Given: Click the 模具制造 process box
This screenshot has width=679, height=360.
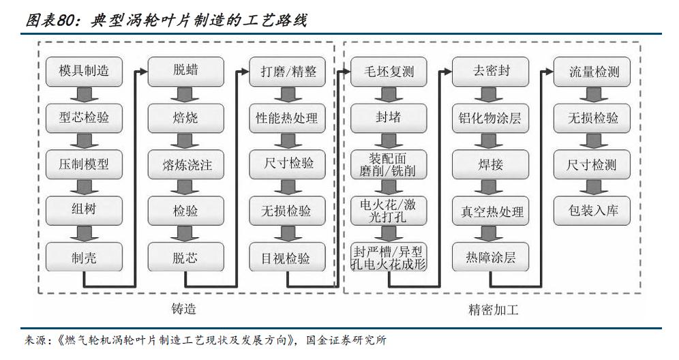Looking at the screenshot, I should coord(84,71).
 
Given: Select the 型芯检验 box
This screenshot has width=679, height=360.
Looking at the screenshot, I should coord(84,118).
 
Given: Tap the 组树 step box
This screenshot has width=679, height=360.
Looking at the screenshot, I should coord(84,211).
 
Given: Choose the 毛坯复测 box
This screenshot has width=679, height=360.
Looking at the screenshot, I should coord(389,71).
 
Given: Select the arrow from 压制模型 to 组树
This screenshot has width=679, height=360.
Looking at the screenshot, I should coord(84,187).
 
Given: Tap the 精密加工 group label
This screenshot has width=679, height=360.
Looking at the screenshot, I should coord(494,310).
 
